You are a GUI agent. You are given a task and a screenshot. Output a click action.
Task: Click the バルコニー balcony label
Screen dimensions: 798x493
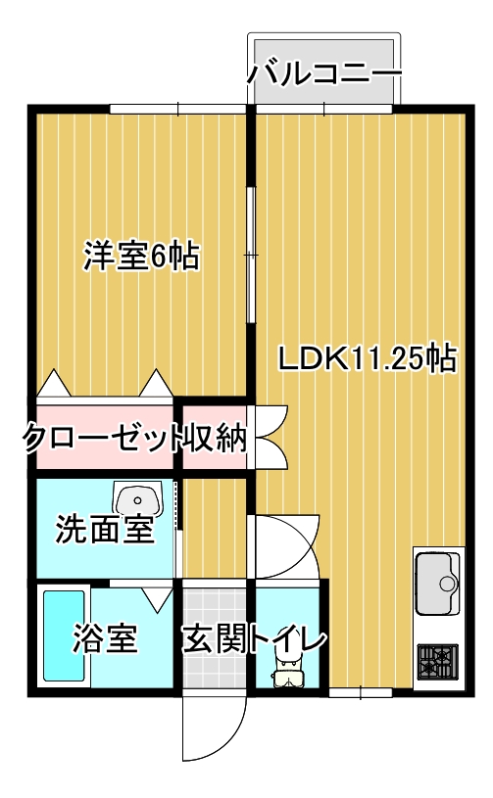(x=324, y=73)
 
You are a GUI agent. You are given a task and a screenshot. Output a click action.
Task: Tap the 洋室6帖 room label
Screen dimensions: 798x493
(x=141, y=257)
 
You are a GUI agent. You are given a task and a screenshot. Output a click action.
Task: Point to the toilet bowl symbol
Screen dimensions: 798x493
(x=287, y=675)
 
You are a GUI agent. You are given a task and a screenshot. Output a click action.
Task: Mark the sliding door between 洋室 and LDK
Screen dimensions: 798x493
(x=251, y=255)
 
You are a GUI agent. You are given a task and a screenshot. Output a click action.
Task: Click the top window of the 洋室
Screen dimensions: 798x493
(x=176, y=108)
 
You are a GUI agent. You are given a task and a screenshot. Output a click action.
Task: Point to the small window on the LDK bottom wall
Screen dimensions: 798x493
(x=361, y=693)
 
